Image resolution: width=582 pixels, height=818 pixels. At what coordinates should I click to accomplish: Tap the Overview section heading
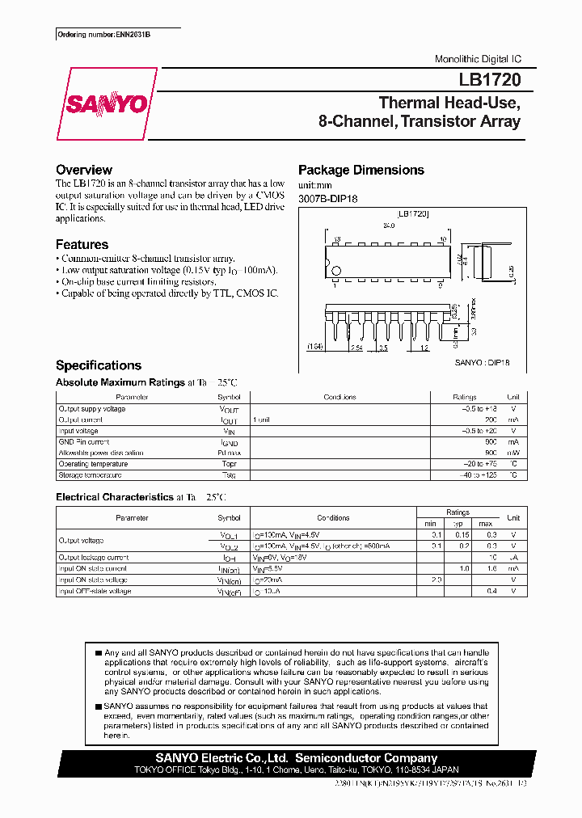pyautogui.click(x=83, y=170)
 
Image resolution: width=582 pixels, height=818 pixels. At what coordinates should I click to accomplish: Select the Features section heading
pyautogui.click(x=82, y=244)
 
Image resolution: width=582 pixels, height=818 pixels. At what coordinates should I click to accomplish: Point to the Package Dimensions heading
pyautogui.click(x=361, y=170)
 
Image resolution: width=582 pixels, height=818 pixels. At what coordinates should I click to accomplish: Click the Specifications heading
pyautogui.click(x=98, y=365)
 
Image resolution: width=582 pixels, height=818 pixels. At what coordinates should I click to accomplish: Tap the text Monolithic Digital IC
pyautogui.click(x=478, y=59)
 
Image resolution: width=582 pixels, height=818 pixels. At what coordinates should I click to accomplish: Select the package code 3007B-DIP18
pyautogui.click(x=327, y=199)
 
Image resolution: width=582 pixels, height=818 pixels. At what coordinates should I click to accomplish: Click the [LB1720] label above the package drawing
pyautogui.click(x=413, y=213)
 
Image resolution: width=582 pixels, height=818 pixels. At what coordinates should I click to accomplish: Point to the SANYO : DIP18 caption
pyautogui.click(x=482, y=363)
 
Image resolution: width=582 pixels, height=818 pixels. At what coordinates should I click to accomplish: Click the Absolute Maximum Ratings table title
pyautogui.click(x=120, y=382)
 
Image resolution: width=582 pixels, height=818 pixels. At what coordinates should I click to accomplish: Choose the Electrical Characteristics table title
pyautogui.click(x=114, y=497)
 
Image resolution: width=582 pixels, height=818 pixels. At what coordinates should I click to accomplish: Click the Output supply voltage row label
pyautogui.click(x=91, y=409)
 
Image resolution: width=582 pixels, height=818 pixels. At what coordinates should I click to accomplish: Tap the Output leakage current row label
pyautogui.click(x=93, y=557)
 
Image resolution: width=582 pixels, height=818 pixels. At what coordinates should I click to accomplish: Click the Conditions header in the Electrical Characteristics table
pyautogui.click(x=332, y=517)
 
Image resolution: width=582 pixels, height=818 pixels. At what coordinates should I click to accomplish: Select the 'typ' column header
pyautogui.click(x=457, y=523)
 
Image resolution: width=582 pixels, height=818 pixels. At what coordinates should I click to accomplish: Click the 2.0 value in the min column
pyautogui.click(x=436, y=580)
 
